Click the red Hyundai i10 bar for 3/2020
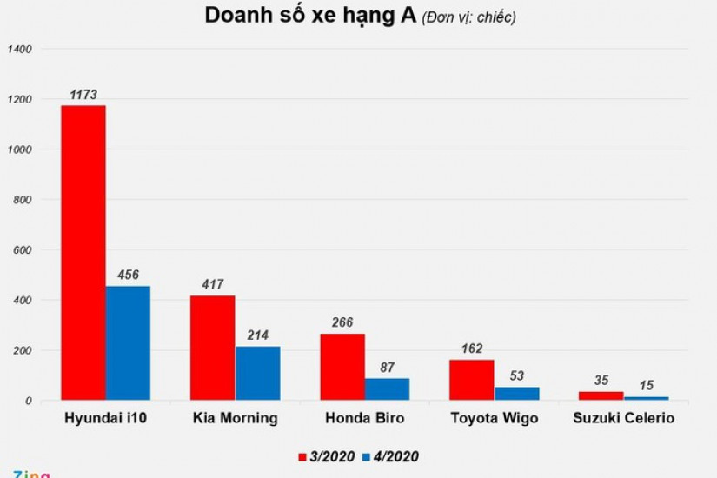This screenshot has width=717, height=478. click(x=83, y=252)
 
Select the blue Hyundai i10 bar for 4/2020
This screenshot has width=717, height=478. click(x=128, y=343)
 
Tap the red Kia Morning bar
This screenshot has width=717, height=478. click(x=212, y=348)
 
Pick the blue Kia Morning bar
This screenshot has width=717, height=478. click(x=257, y=374)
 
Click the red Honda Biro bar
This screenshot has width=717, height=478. click(x=342, y=367)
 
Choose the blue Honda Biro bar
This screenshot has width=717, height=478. click(x=387, y=389)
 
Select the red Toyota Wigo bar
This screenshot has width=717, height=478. click(x=472, y=380)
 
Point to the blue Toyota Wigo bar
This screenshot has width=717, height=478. click(x=516, y=394)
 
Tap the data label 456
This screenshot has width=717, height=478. click(x=128, y=275)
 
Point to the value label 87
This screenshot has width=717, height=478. click(x=387, y=367)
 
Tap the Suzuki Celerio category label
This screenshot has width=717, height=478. click(x=623, y=418)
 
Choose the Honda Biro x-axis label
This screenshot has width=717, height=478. click(x=364, y=418)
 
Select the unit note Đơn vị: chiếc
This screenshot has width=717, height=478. click(x=469, y=17)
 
